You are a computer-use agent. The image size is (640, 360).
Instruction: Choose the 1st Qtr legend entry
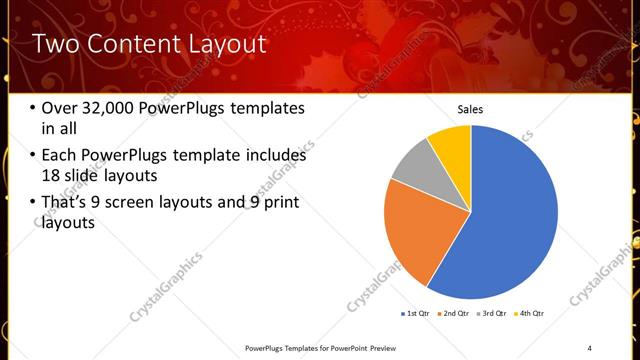pos(416,314)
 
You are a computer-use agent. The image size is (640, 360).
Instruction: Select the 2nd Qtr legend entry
pos(454,314)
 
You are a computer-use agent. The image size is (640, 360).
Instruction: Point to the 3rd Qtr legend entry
pos(492,314)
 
